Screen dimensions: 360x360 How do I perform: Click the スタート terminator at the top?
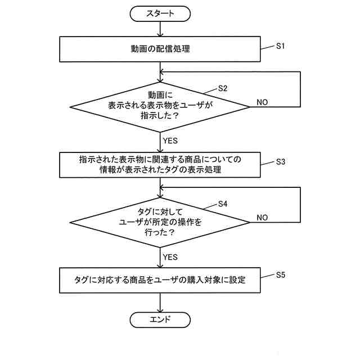click(160, 13)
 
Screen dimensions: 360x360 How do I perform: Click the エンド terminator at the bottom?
click(160, 320)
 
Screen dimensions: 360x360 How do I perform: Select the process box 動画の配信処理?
click(160, 49)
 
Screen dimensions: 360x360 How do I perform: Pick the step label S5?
click(281, 275)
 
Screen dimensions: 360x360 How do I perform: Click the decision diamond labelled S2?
click(160, 105)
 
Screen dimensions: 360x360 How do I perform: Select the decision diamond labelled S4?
click(160, 221)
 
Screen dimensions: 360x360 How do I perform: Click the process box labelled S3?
click(160, 164)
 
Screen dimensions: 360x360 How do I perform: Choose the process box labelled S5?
click(160, 280)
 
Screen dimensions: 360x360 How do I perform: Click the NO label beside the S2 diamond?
click(262, 102)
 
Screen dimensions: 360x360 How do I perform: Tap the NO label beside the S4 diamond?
click(262, 217)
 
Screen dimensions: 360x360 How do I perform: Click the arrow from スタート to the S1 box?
click(160, 29)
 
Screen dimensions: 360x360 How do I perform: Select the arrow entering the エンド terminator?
click(160, 303)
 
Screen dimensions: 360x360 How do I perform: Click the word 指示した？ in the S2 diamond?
click(160, 116)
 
